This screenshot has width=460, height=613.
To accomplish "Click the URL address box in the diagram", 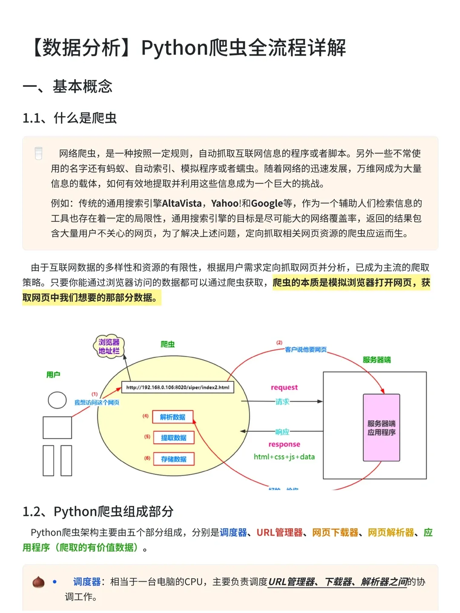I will point(178,387).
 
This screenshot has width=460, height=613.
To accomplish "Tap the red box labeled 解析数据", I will point(172,417).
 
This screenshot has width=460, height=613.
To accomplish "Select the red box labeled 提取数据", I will point(173,438).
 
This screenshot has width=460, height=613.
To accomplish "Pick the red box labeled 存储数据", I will point(173,459).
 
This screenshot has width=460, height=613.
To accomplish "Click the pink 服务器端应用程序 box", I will point(381,428).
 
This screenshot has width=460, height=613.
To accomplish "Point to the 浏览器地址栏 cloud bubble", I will point(109,346).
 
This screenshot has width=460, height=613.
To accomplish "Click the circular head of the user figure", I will point(57,400).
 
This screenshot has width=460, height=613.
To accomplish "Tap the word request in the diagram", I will point(284,387).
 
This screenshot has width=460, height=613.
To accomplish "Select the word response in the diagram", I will point(284,444).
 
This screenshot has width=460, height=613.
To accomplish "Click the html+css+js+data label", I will point(284,457).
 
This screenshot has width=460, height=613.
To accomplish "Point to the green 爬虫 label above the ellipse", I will point(167,344).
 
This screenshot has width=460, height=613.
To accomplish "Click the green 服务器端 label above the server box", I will point(377,360).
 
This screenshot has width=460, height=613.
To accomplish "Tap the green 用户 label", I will point(53,375).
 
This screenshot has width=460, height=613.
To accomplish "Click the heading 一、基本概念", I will point(68,86).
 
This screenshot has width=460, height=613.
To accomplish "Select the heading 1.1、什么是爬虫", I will point(69,118).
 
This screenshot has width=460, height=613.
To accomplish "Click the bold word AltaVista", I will point(181,203).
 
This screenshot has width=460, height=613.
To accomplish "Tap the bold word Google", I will point(267,203).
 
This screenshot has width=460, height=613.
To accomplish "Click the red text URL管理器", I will point(279,533).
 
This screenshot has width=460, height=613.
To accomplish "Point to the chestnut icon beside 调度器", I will point(39,582).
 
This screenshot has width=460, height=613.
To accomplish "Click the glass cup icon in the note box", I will point(39,153).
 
